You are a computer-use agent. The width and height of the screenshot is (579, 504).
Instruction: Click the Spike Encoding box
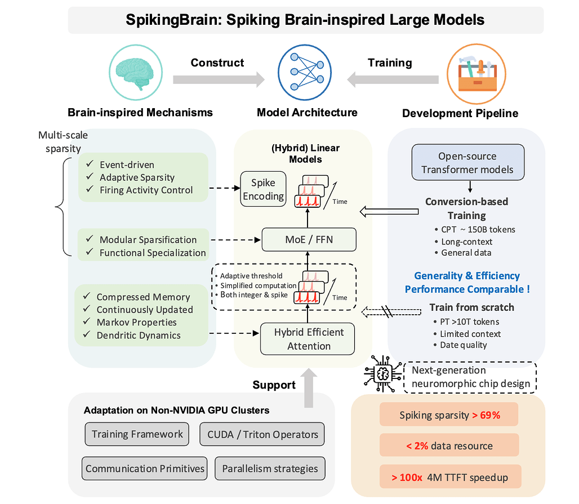[x=264, y=189]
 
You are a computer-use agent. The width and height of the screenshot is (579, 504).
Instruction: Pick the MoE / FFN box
[x=309, y=239]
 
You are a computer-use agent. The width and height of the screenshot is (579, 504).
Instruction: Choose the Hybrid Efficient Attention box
[x=308, y=338]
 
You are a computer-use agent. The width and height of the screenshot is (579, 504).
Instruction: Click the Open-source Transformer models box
[x=468, y=162]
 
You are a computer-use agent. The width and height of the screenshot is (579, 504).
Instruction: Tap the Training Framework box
[x=137, y=434]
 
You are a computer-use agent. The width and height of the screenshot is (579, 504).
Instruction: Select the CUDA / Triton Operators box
[x=262, y=434]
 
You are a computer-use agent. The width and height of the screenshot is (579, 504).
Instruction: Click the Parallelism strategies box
[x=270, y=469]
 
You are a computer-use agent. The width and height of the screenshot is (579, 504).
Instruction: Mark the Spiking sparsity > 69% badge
[x=449, y=416]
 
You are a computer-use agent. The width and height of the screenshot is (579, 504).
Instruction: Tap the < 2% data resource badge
[x=449, y=446]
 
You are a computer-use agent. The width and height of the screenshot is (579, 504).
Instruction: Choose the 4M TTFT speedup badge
[x=449, y=478]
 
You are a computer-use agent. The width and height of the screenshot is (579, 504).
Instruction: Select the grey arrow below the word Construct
[x=218, y=80]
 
